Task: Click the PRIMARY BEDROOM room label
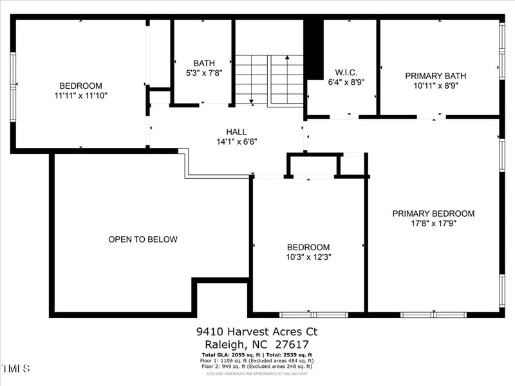tap(433, 214)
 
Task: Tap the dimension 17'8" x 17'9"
tap(433, 224)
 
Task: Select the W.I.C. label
tap(346, 72)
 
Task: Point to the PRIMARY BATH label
tap(435, 76)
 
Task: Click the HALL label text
tap(236, 132)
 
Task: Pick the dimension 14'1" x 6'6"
tap(236, 142)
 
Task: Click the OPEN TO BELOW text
tap(142, 239)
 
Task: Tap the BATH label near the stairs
tap(204, 63)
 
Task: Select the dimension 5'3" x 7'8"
tap(204, 73)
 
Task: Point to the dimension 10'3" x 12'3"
tap(308, 257)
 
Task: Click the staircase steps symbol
tap(268, 80)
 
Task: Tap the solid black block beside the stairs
tap(313, 49)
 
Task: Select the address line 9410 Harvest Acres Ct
tap(257, 332)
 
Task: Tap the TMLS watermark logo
tap(15, 369)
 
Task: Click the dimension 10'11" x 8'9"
tap(435, 86)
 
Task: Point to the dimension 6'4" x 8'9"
tap(346, 82)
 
